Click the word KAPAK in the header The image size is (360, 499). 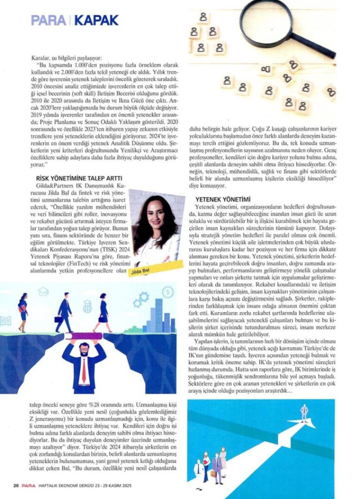[98, 20]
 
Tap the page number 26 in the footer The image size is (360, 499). [16, 485]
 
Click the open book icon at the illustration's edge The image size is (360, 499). [5, 321]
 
